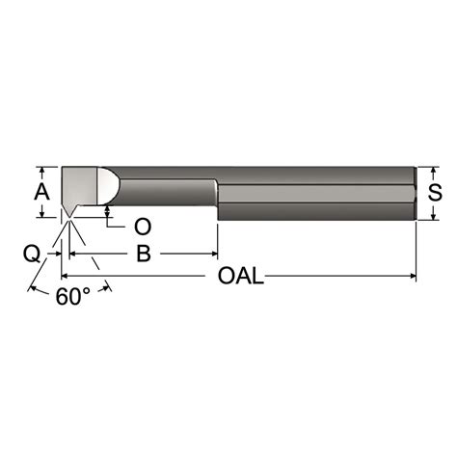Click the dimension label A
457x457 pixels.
(41, 190)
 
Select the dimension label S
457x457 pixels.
(435, 192)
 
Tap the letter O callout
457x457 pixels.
(142, 227)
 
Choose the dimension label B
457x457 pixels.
(143, 255)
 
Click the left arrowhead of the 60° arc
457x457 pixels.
(35, 288)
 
